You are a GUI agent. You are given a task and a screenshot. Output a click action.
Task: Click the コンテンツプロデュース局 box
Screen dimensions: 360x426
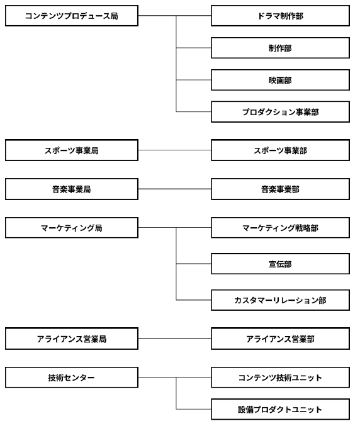tap(72, 16)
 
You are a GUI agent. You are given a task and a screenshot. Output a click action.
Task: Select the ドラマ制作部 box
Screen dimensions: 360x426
tap(281, 16)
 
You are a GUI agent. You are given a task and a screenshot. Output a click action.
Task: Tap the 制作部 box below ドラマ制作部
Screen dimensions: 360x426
tap(281, 48)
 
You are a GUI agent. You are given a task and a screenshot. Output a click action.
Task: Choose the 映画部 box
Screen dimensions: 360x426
tap(281, 80)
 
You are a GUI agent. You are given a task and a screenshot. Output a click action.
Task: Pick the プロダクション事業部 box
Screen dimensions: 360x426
tap(281, 112)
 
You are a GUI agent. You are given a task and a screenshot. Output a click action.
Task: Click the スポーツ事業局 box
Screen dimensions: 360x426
tap(72, 150)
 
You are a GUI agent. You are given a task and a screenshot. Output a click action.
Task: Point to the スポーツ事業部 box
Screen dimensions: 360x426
tap(281, 150)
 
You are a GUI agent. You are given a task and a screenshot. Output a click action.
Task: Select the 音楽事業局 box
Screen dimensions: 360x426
tap(72, 189)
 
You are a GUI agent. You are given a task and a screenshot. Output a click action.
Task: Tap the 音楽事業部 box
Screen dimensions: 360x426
tap(281, 189)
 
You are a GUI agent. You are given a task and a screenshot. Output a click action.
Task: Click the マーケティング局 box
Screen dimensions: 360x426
tap(72, 228)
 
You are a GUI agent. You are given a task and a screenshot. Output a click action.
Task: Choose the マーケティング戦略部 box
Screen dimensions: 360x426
tap(281, 228)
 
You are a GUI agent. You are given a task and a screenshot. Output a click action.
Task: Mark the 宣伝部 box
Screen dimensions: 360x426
tap(281, 264)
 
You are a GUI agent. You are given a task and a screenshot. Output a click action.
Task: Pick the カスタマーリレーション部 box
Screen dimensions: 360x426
tap(281, 300)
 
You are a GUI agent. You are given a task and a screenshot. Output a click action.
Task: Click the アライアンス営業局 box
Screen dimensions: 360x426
tap(72, 339)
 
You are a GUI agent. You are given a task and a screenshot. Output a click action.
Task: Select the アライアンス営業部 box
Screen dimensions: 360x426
tap(281, 339)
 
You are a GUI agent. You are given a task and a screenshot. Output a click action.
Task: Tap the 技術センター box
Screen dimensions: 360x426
tap(72, 378)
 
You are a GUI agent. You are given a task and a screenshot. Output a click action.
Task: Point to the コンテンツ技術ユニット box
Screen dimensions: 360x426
tap(281, 378)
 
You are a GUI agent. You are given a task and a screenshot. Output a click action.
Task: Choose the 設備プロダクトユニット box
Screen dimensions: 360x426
tap(281, 410)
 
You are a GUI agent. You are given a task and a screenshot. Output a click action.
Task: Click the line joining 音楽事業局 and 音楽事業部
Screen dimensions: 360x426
tap(175, 189)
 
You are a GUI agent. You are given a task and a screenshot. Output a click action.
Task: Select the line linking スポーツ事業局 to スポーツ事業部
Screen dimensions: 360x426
tap(175, 150)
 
